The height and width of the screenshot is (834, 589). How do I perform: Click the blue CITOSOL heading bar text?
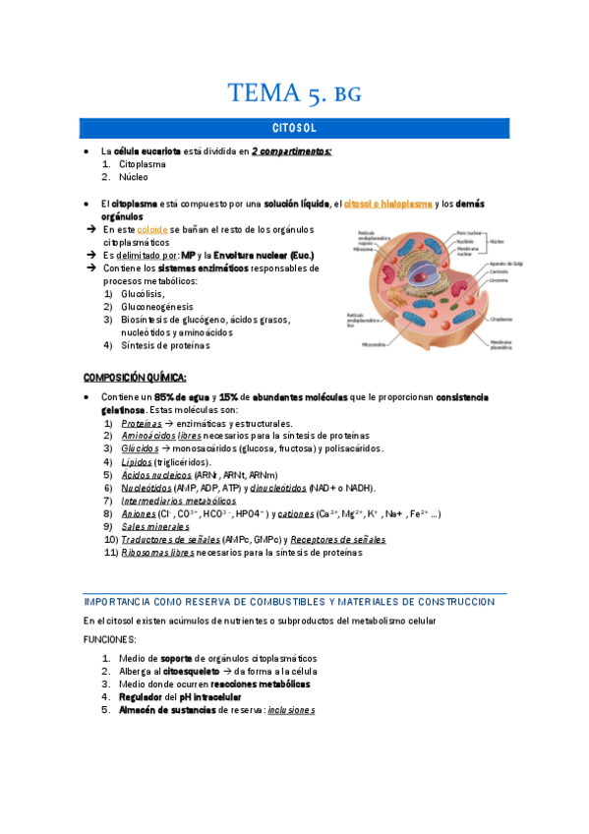[294, 129]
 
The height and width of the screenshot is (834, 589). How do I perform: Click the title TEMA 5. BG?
[294, 94]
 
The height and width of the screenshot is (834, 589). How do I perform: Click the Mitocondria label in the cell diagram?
[375, 345]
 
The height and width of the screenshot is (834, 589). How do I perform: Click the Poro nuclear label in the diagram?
[470, 233]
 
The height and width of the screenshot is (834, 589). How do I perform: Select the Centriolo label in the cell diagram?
[500, 272]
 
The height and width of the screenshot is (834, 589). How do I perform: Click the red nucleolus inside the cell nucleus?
[424, 280]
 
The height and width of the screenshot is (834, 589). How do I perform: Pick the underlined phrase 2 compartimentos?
[291, 151]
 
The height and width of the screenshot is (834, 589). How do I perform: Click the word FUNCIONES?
[109, 638]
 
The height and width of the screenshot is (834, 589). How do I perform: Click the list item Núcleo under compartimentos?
[134, 178]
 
